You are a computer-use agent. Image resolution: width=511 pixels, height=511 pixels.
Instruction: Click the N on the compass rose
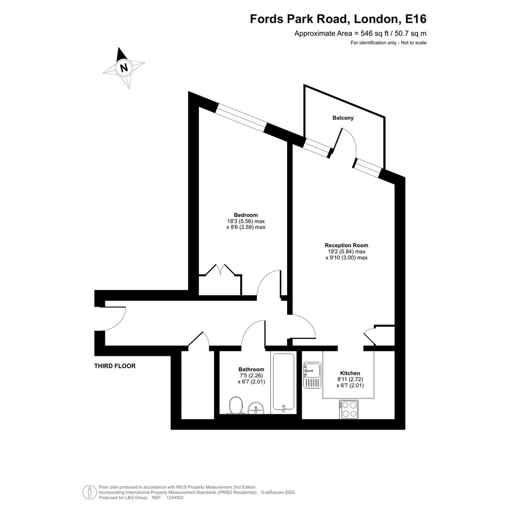124,68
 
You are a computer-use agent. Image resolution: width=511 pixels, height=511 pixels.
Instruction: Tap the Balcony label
343,118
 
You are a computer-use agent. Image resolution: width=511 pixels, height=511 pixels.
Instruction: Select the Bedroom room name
245,215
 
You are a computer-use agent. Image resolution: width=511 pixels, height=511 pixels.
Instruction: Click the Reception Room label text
347,245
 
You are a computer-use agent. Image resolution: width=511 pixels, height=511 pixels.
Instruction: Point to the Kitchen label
350,373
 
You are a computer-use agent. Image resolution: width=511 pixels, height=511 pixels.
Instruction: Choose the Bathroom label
251,369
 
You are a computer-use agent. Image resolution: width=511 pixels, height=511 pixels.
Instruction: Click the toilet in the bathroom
236,405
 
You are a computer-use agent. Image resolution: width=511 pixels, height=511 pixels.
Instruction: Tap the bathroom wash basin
256,408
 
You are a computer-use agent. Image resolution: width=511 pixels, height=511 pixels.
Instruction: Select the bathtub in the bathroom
283,382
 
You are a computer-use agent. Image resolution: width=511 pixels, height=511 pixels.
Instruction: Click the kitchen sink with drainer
312,375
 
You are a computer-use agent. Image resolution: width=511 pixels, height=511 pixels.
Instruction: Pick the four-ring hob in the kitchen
349,409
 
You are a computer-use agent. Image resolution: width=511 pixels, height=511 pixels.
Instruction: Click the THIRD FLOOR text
115,366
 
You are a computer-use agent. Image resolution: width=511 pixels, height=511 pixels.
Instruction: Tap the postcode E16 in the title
415,19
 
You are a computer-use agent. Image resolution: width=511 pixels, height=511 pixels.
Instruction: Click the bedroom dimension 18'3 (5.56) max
245,221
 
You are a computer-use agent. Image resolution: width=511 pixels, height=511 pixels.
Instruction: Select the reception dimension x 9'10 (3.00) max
347,257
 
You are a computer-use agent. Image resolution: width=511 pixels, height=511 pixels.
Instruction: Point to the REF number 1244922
175,497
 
